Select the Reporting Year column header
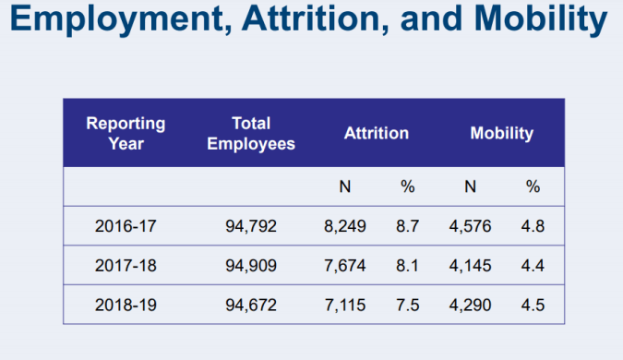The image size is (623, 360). [126, 133]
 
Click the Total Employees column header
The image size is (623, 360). [251, 133]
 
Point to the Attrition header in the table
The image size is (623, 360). [376, 133]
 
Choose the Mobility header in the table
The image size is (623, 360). [501, 133]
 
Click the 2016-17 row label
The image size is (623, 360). [126, 225]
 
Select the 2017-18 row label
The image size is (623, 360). [126, 266]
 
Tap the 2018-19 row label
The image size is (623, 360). [126, 306]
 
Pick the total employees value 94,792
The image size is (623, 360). [251, 225]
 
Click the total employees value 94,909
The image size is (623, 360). [251, 266]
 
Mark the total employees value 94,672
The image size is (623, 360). [251, 306]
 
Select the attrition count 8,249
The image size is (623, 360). [346, 225]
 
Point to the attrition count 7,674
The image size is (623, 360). [346, 266]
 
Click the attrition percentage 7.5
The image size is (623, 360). [408, 306]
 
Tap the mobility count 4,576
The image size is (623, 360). [472, 225]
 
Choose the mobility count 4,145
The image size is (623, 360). [472, 266]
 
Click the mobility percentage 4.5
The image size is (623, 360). [533, 306]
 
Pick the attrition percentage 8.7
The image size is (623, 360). [408, 225]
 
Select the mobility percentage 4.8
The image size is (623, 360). [533, 225]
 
